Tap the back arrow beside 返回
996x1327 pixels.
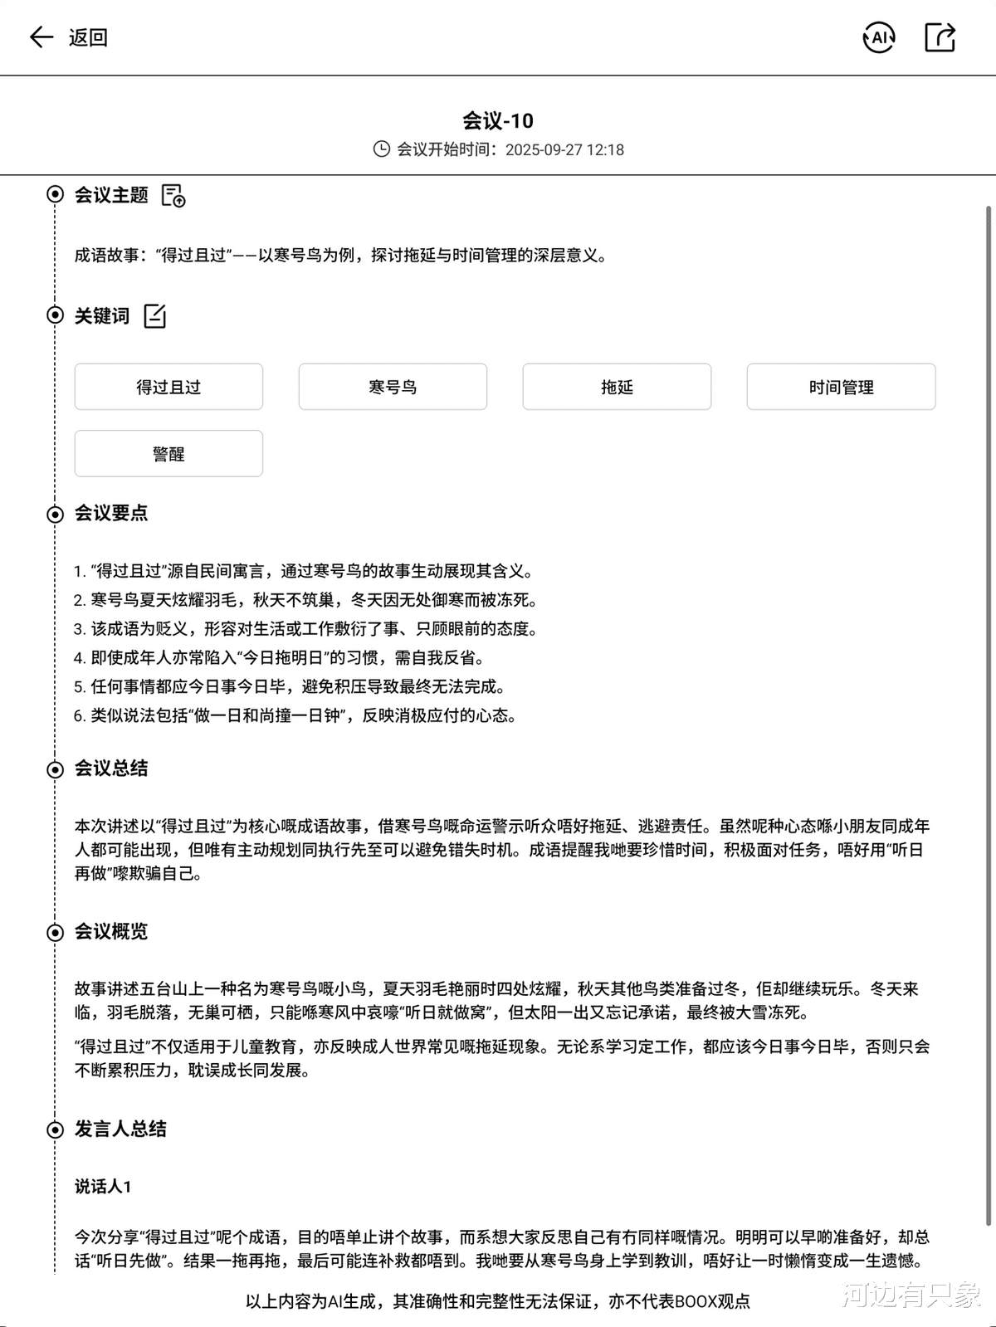click(41, 37)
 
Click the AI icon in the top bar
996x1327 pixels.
click(879, 37)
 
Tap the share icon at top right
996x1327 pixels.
click(940, 37)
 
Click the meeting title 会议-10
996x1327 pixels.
click(498, 121)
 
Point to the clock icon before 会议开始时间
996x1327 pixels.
click(381, 149)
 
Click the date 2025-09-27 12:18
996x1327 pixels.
click(564, 150)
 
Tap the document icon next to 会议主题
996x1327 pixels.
click(173, 196)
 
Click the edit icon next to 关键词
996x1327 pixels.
click(155, 316)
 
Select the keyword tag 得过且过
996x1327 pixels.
click(168, 387)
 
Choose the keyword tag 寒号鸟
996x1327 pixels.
click(393, 387)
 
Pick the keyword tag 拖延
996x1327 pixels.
click(617, 387)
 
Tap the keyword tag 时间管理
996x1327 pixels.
click(841, 387)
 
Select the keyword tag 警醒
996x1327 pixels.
click(168, 454)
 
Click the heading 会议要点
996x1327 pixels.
click(111, 514)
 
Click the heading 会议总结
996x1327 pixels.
click(111, 768)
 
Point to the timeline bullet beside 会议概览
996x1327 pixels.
click(55, 933)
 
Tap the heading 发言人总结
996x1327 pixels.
click(120, 1129)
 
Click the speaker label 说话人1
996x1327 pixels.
click(103, 1187)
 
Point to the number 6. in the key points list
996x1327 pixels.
click(80, 716)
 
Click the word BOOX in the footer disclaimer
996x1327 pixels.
click(696, 1301)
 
